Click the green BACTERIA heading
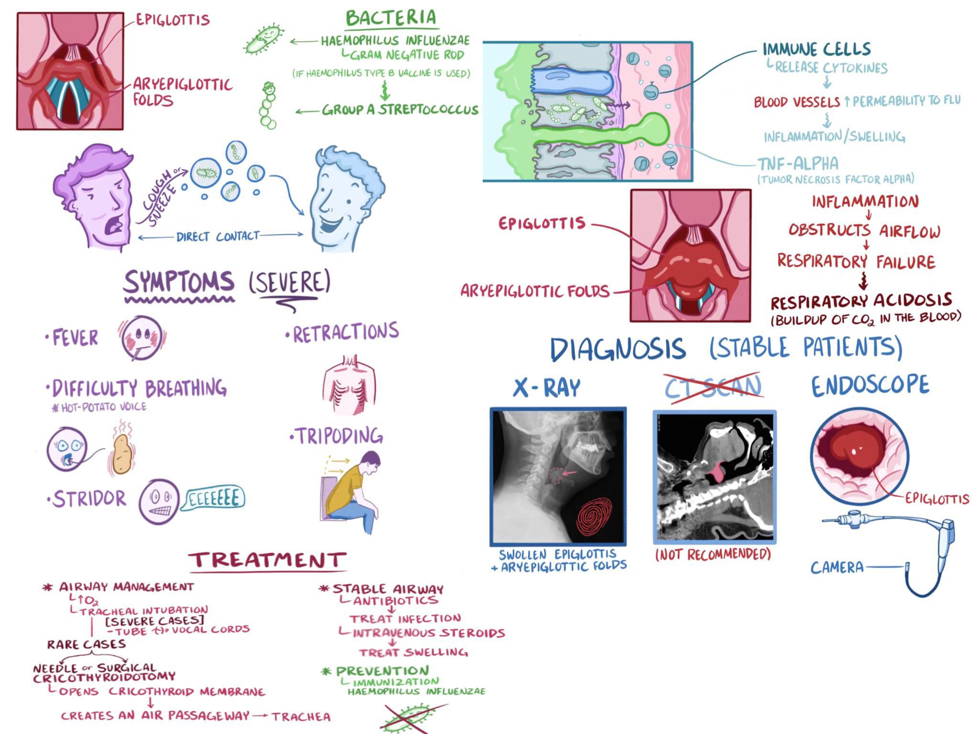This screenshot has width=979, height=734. click(x=391, y=18)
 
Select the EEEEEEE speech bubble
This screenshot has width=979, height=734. click(x=214, y=499)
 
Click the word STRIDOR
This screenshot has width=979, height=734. click(x=89, y=499)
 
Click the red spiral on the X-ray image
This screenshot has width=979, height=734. click(x=594, y=518)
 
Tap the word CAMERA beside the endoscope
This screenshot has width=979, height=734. click(x=837, y=568)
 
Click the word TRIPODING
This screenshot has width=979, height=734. click(x=339, y=436)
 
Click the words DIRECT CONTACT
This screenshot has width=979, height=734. click(x=218, y=236)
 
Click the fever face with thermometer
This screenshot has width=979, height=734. click(x=141, y=338)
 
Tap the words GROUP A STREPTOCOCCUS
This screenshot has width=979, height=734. click(x=400, y=110)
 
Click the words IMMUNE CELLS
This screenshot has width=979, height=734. click(x=816, y=49)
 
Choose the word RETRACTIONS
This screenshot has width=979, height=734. click(x=345, y=333)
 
